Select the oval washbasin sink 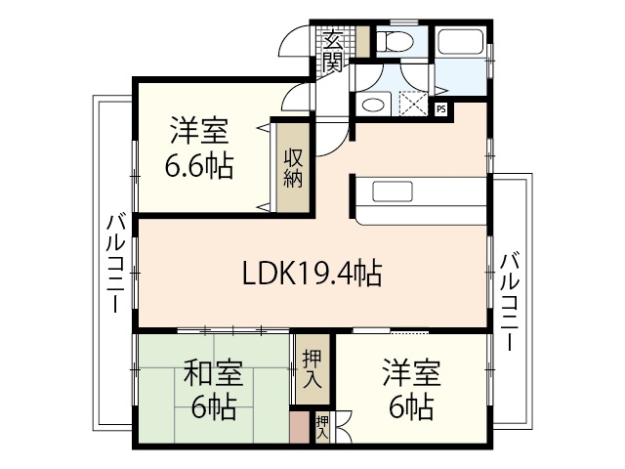click(371, 105)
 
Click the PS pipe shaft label click(440, 108)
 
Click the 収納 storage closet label click(293, 167)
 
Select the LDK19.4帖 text click(312, 275)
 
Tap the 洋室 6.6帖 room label click(200, 148)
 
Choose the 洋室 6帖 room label click(410, 389)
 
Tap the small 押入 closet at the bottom click(321, 427)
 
